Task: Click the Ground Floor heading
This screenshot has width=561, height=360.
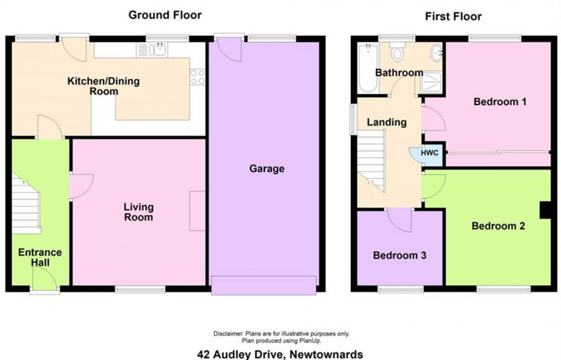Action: click(x=165, y=14)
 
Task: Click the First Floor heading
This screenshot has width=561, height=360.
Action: click(x=453, y=16)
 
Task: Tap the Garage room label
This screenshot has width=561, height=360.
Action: click(x=267, y=169)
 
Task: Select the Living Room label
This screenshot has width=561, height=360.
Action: click(x=138, y=212)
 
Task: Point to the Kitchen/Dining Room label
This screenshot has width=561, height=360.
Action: click(x=103, y=86)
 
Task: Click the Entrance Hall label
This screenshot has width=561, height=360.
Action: click(x=40, y=257)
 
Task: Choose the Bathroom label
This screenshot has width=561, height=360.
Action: click(x=399, y=73)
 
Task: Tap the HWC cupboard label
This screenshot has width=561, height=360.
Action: click(x=429, y=153)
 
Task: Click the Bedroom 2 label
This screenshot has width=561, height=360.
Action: click(x=498, y=226)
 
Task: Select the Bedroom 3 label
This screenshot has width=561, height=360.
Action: click(x=400, y=255)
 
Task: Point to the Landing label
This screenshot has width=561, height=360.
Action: click(x=386, y=122)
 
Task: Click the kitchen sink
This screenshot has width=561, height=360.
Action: click(x=160, y=50)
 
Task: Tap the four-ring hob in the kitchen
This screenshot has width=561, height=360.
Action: click(x=198, y=77)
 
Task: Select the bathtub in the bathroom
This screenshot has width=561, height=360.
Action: click(x=368, y=69)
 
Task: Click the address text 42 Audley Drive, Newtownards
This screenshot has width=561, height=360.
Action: click(x=280, y=354)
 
